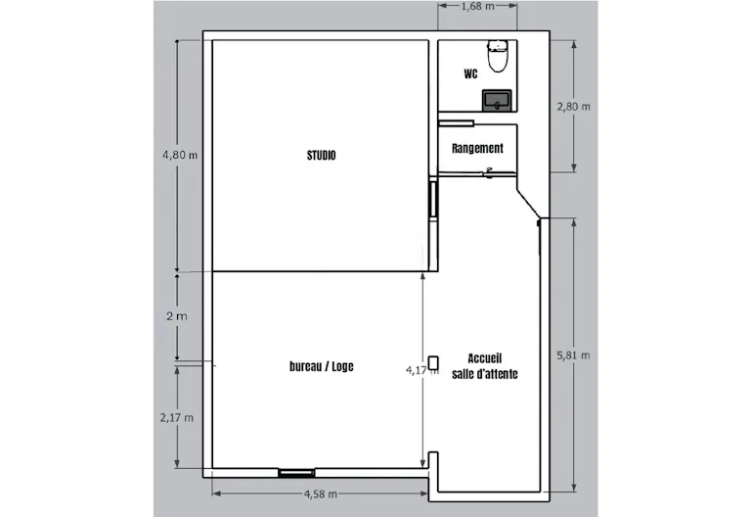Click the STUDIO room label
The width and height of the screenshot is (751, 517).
coord(322,155)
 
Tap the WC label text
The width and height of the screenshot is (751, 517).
coord(470,73)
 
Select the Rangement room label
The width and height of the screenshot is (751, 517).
coord(477,148)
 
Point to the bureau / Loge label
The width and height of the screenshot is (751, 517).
coord(322,366)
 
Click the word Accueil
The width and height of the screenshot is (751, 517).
coord(485,358)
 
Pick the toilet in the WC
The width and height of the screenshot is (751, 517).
coord(498,56)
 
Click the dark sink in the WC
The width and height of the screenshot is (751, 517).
coord(497,100)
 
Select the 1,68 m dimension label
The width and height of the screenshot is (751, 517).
coord(478,6)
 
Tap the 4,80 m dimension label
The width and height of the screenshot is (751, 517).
coord(180,155)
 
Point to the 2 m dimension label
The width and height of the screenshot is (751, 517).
coord(177,316)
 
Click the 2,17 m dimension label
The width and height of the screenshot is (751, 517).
coord(177,418)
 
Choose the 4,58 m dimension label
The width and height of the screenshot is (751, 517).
coord(321,493)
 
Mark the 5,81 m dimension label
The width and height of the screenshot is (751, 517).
coord(573,355)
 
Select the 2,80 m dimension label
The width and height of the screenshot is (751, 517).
coord(573,107)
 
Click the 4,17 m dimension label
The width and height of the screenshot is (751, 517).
coord(422,370)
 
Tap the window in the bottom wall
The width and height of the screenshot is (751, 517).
coord(296,473)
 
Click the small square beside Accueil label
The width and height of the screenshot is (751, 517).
coord(433,362)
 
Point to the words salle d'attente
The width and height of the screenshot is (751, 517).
coord(485,374)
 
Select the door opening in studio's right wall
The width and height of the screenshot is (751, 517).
coord(433,198)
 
